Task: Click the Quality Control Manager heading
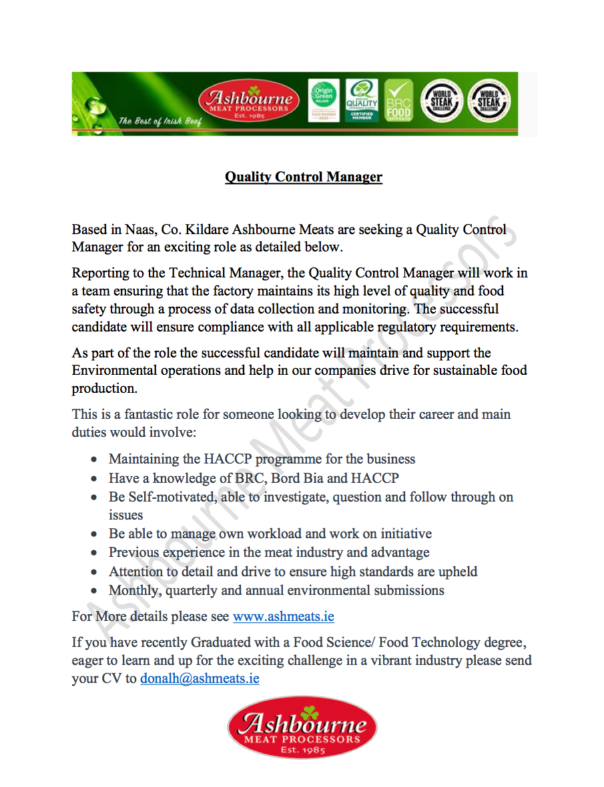click(303, 177)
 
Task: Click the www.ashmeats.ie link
click(283, 616)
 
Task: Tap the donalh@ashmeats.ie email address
click(200, 679)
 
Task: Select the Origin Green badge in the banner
click(324, 101)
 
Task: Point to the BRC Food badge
click(398, 101)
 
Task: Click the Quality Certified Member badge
click(362, 101)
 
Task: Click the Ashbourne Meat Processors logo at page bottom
click(302, 728)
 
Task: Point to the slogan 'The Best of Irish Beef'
click(160, 121)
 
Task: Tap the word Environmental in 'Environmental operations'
click(113, 370)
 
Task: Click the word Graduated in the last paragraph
click(224, 643)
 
